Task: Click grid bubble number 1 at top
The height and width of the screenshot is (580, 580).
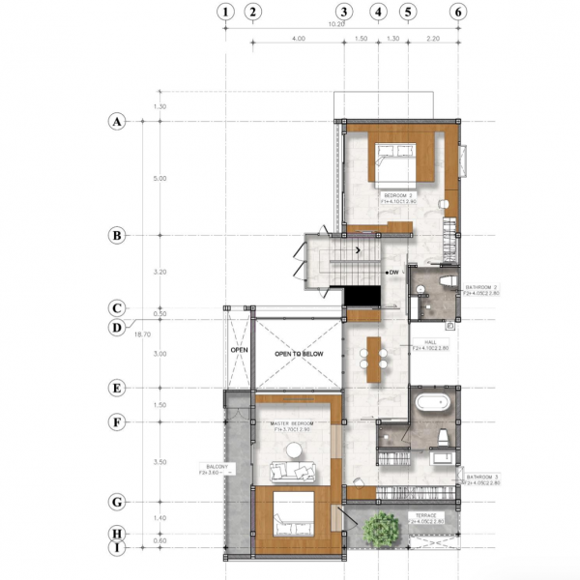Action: click(x=225, y=12)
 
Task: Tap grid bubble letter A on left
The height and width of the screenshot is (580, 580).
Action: click(x=117, y=122)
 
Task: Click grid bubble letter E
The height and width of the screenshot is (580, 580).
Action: click(x=117, y=389)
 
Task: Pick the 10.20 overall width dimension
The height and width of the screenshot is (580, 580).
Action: click(x=337, y=24)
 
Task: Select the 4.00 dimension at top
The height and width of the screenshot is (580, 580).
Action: click(x=298, y=40)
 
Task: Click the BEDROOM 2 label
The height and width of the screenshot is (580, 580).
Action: click(x=397, y=196)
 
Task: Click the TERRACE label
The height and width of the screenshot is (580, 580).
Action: click(x=424, y=517)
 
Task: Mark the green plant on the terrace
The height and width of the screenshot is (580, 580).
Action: click(x=383, y=530)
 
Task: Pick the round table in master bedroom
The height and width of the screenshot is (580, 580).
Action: click(x=292, y=449)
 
